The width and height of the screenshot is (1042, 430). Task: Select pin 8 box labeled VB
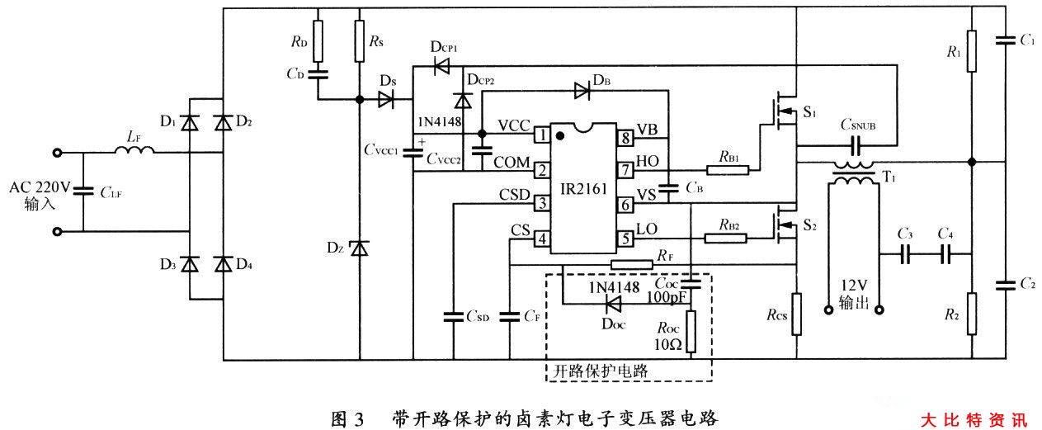pyautogui.click(x=626, y=136)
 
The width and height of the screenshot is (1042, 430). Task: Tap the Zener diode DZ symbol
pyautogui.click(x=359, y=248)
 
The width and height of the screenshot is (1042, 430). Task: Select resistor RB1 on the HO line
pyautogui.click(x=728, y=171)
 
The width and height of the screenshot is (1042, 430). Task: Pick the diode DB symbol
pyautogui.click(x=582, y=92)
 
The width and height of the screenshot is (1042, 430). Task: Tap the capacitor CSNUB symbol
pyautogui.click(x=856, y=147)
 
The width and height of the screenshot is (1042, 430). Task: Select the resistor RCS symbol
pyautogui.click(x=796, y=314)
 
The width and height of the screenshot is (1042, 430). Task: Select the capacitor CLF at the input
pyautogui.click(x=83, y=192)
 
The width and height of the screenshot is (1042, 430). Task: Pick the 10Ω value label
pyautogui.click(x=668, y=344)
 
